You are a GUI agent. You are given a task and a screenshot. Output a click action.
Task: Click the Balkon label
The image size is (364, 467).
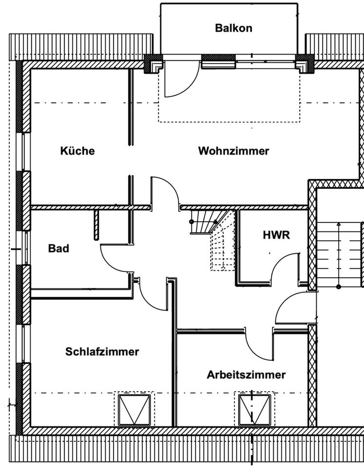pyautogui.click(x=233, y=28)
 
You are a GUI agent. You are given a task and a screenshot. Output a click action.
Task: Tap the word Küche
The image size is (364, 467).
pyautogui.click(x=77, y=151)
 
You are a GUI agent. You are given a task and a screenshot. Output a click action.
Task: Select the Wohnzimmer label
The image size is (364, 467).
pyautogui.click(x=233, y=151)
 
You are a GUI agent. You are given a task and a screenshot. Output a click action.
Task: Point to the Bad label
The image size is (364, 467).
pyautogui.click(x=58, y=249)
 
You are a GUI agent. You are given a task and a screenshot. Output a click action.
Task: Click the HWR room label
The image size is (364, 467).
pyautogui.click(x=276, y=235)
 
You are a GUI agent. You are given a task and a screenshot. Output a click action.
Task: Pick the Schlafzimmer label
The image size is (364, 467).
pyautogui.click(x=102, y=352)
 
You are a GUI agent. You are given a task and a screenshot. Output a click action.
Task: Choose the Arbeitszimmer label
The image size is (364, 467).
pyautogui.click(x=246, y=375)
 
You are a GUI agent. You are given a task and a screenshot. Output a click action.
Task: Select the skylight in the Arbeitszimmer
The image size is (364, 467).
pyautogui.click(x=254, y=410)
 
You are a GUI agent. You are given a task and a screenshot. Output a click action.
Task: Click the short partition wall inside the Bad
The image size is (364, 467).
pyautogui.click(x=97, y=224)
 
